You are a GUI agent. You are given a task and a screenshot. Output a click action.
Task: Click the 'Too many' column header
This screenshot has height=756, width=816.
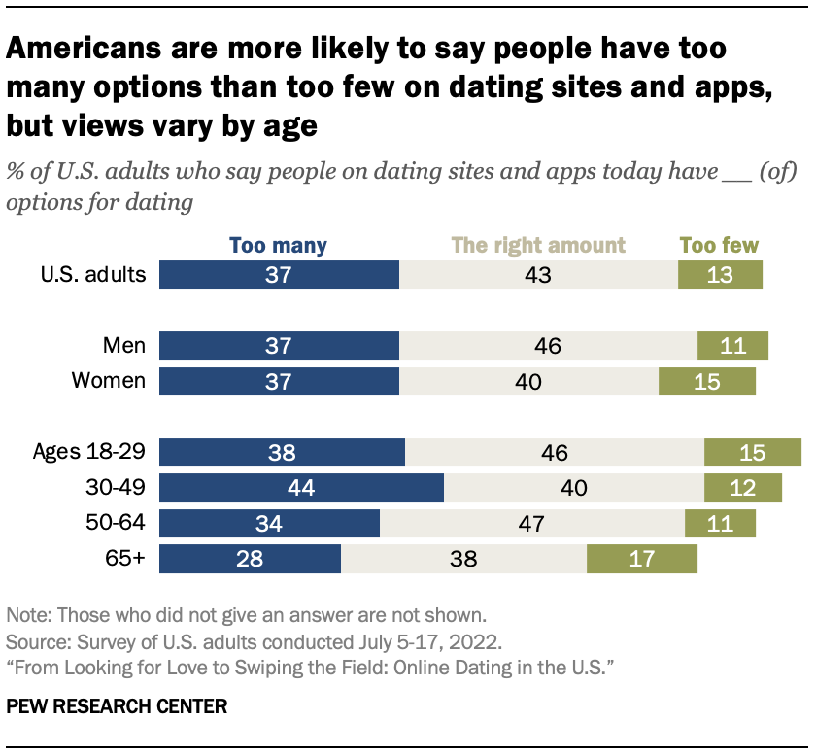279,246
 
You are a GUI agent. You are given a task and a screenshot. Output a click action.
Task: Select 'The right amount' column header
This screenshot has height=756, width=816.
538,246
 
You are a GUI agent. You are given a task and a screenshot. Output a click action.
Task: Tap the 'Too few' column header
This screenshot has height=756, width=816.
720,246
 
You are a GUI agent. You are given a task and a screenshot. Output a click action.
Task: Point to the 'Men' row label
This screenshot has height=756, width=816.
124,346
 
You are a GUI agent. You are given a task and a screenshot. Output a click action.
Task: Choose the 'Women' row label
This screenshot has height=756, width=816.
109,381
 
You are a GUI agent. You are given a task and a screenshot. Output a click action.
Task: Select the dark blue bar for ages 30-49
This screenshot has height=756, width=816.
301,488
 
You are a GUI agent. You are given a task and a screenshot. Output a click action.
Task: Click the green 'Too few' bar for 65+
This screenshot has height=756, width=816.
642,560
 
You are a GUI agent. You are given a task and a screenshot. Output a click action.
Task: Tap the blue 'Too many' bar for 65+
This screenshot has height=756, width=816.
250,560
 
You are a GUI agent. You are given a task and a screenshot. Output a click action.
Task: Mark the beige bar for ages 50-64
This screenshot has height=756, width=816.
532,524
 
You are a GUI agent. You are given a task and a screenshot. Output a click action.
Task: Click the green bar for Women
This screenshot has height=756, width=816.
706,381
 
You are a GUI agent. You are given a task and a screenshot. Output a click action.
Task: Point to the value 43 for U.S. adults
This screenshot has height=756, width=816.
537,274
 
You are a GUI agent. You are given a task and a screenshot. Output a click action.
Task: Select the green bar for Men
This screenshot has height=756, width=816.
732,346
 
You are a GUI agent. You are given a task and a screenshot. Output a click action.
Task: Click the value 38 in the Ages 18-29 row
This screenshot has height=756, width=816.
282,453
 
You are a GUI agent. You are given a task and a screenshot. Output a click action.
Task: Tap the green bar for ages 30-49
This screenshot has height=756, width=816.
742,488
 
